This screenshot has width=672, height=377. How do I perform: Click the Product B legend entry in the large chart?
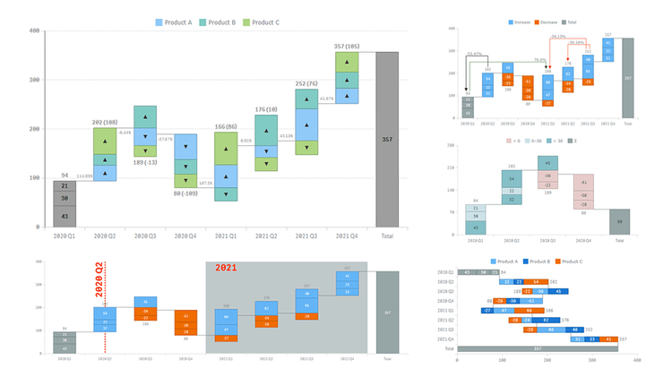[x=223, y=21]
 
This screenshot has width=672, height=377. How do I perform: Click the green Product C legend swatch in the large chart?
[x=246, y=21]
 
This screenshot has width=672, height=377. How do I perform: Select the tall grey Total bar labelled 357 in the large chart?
[x=387, y=139]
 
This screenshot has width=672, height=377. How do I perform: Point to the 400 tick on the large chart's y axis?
[x=35, y=31]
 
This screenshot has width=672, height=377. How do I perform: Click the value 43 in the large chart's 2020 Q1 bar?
[x=65, y=217]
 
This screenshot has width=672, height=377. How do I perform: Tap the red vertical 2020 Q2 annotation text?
[x=99, y=285]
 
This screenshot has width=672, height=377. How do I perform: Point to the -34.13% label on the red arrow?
[x=558, y=37]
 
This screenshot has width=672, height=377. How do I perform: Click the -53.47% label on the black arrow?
[x=476, y=54]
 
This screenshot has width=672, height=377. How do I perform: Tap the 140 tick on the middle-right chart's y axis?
[x=451, y=191]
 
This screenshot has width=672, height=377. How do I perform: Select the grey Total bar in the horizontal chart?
[x=538, y=347]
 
